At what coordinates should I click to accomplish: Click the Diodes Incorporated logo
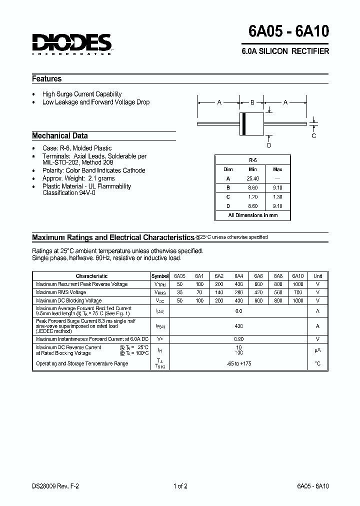tap(72, 44)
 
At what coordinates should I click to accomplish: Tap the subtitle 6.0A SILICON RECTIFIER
tap(285, 51)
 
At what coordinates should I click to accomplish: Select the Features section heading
tap(47, 79)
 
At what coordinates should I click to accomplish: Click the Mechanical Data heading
tap(60, 135)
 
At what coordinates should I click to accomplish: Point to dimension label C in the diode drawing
tap(314, 135)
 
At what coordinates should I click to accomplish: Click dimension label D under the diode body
tap(269, 145)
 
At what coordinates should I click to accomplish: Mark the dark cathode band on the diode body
tap(244, 123)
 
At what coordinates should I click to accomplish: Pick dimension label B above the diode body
tap(252, 102)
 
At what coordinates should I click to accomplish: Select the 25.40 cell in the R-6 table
tap(252, 178)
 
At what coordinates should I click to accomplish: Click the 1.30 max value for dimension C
tap(277, 196)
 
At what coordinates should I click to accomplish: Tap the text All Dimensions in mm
tap(252, 215)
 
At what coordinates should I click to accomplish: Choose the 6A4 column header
tap(238, 276)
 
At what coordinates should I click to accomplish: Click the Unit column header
tap(317, 276)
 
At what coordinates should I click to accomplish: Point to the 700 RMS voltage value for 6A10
tap(297, 292)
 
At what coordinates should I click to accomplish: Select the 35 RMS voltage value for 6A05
tap(179, 292)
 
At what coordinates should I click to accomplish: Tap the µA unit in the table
tap(317, 350)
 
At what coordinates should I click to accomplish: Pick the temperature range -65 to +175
tap(238, 363)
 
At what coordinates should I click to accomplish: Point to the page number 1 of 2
tap(180, 486)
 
